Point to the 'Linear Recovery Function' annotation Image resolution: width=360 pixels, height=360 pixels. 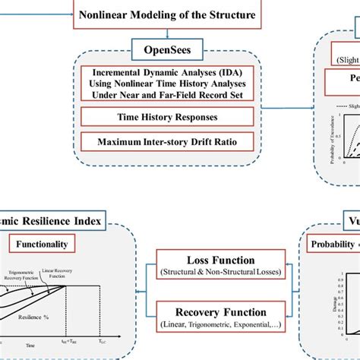(x=74, y=273)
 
